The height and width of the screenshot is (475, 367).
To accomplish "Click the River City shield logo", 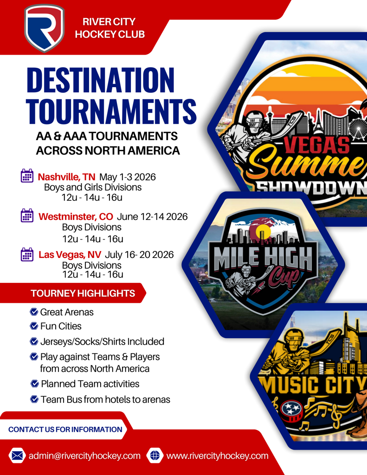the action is [x=44, y=28].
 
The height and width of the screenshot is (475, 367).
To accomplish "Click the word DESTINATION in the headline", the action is [x=101, y=80].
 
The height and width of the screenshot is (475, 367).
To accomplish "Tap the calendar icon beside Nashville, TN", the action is [x=27, y=176].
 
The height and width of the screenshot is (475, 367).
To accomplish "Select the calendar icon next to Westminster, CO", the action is [x=27, y=215].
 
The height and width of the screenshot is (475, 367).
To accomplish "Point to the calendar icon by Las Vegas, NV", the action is [x=27, y=255].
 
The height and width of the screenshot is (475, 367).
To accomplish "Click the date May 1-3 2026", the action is [x=128, y=177].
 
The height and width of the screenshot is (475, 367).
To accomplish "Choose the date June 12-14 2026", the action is [x=152, y=217].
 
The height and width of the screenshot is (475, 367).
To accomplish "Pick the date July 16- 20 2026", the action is [x=139, y=255].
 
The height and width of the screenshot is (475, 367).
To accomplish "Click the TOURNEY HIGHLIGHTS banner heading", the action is [x=83, y=293].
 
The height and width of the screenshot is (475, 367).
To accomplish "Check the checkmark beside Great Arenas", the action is [x=34, y=311].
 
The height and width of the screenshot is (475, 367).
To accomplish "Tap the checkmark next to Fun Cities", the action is [x=34, y=326].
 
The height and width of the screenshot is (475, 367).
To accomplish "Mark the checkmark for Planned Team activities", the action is [x=35, y=384].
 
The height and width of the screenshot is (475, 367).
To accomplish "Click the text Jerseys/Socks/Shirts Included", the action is [x=102, y=341].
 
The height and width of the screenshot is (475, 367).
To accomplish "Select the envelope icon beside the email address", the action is [x=17, y=456].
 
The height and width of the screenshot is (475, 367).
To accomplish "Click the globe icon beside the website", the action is [x=155, y=456].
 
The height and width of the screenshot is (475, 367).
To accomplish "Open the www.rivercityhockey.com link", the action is [x=217, y=456].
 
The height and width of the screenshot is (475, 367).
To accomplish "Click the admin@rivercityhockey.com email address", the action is [x=84, y=456].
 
